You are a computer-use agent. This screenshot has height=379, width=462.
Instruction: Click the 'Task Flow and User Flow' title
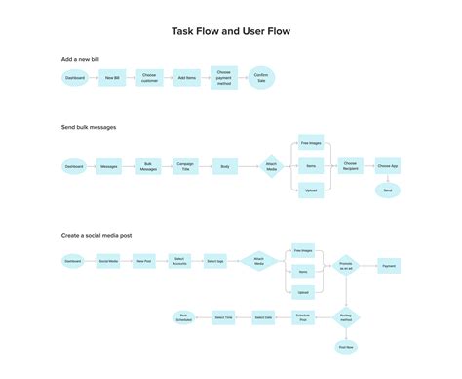point(231,31)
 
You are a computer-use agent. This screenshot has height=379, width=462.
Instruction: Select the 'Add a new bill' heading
point(82,60)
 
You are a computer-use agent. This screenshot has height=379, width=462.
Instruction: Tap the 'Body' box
point(224,167)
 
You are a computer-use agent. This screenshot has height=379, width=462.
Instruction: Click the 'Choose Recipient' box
point(350,167)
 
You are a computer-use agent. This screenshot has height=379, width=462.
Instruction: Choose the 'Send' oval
point(387,191)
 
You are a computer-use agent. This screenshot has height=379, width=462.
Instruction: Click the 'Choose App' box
point(387,167)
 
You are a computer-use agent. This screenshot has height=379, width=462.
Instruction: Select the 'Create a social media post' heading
point(101,235)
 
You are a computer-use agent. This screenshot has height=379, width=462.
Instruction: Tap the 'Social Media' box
point(109,262)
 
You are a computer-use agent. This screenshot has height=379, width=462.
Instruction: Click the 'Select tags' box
point(214,262)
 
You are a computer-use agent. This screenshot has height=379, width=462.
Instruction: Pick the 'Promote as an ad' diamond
point(346,265)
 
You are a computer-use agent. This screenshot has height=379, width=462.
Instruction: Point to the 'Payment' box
point(388,265)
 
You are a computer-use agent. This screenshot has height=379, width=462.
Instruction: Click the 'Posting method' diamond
point(346,317)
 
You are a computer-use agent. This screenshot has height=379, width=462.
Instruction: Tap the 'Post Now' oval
point(346,347)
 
